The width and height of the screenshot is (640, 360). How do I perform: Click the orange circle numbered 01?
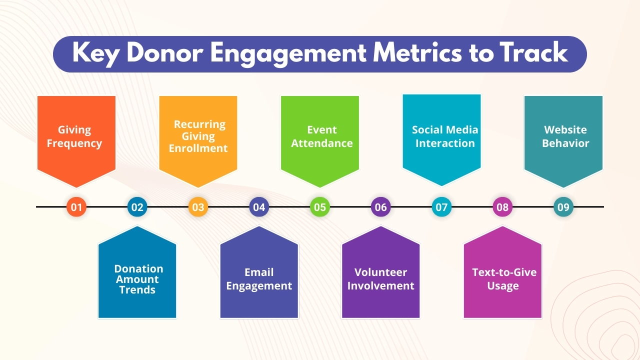76,207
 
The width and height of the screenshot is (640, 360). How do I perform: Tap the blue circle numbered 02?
137,207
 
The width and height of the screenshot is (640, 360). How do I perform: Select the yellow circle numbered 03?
198,207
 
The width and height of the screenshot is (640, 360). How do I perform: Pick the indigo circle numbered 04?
259,207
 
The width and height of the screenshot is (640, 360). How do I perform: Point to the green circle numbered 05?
320,207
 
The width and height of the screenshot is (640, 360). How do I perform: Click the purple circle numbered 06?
381,207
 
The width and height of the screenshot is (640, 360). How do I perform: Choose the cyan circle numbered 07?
441,207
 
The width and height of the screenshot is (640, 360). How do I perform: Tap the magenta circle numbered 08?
502,207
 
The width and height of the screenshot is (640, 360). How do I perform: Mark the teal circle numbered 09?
563,207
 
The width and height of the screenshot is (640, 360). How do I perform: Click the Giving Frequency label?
74,136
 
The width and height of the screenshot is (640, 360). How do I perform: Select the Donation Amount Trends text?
137,279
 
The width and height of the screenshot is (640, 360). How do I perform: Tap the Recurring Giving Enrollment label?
198,136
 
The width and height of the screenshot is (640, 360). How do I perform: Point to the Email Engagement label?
259,279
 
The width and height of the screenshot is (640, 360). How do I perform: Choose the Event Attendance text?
322,136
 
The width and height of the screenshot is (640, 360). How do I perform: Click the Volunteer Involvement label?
381,279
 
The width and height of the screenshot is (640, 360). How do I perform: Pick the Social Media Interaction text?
445,136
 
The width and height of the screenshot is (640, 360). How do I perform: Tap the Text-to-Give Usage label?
504,279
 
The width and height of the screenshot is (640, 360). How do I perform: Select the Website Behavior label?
565,136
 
